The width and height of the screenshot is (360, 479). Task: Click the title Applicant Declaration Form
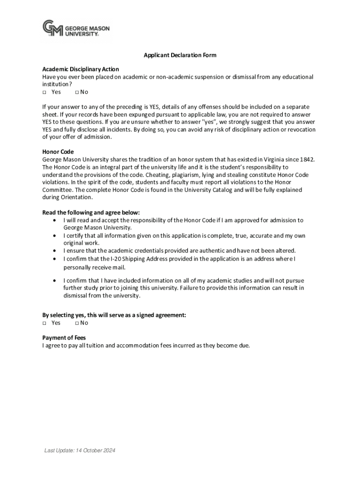coord(180,55)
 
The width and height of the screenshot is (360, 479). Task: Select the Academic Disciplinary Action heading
coord(80,69)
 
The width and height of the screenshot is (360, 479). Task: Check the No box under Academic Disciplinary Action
coord(77,92)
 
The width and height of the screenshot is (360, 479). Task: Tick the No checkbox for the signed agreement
coord(77,323)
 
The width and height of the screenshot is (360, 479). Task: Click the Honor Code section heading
coord(58,152)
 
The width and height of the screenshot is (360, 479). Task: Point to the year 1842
coord(307,160)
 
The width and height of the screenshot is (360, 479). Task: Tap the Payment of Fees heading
coord(64,338)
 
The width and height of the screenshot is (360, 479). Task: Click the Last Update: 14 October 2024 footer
coord(79,450)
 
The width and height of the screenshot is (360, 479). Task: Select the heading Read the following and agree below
coord(91,212)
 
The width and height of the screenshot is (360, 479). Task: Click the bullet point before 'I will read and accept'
coord(56,220)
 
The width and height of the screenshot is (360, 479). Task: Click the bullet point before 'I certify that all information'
coord(56,236)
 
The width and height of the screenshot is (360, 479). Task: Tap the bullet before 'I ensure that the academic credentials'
coord(56,251)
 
